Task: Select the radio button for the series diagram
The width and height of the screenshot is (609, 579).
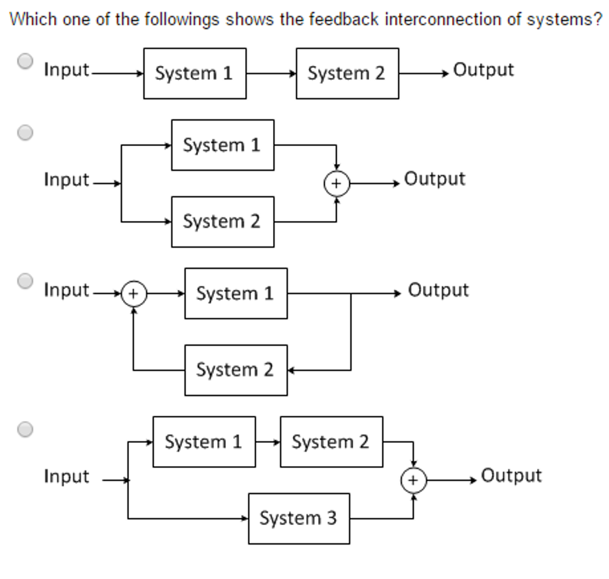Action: [x=24, y=61]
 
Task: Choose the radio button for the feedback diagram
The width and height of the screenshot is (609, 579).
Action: [x=24, y=280]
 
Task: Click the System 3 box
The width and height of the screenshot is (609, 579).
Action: [x=299, y=518]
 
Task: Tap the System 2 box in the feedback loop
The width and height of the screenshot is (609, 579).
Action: [x=236, y=370]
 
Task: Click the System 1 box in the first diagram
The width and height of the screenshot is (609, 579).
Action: [x=194, y=74]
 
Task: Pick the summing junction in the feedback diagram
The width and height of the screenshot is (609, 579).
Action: [x=133, y=294]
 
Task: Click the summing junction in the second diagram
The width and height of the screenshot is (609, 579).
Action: [x=336, y=184]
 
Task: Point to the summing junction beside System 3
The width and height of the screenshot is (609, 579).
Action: [x=413, y=480]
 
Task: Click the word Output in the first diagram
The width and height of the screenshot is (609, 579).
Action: [x=483, y=70]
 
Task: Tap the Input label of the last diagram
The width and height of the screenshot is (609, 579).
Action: [x=66, y=476]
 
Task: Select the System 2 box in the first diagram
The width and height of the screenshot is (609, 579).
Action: [x=347, y=74]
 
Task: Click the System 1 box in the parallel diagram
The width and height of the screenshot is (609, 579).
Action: [x=222, y=145]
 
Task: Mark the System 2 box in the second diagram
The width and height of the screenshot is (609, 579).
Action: [x=222, y=222]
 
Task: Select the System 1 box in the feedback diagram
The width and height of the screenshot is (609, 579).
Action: [x=236, y=293]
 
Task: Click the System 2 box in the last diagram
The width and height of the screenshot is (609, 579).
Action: [x=331, y=442]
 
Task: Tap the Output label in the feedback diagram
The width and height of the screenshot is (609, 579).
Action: [x=438, y=290]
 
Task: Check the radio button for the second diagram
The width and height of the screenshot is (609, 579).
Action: [x=24, y=132]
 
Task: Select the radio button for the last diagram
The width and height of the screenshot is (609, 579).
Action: [x=24, y=429]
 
